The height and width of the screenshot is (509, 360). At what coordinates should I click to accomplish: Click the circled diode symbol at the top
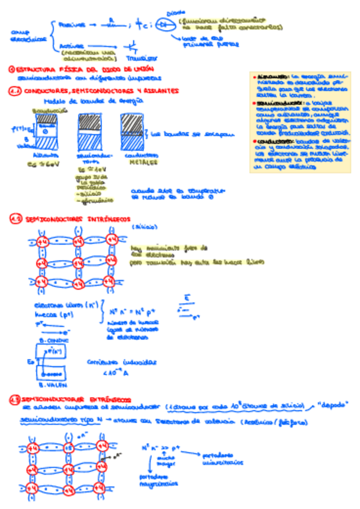pyautogui.click(x=164, y=24)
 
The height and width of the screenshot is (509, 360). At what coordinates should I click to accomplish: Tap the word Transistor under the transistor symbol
pyautogui.click(x=142, y=59)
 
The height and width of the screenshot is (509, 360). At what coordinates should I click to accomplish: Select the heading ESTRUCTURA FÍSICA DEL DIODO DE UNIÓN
pyautogui.click(x=82, y=70)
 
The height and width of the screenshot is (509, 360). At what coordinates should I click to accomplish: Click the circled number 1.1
pyautogui.click(x=15, y=91)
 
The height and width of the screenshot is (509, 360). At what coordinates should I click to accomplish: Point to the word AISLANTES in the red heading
pyautogui.click(x=158, y=91)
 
